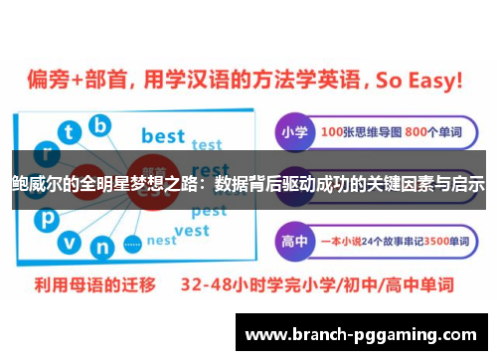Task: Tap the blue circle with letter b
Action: coord(99,125)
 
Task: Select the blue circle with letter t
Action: coord(70,132)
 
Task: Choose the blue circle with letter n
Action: coord(100,246)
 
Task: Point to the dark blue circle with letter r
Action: coord(46,154)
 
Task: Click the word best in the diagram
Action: coord(162,135)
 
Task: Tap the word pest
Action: coord(208,211)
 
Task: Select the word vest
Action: coord(192,231)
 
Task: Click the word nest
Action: coord(161,240)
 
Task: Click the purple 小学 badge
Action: coord(294,132)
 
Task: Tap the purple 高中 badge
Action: coord(294,240)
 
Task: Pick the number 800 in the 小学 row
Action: coord(407,132)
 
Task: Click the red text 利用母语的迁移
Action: coord(86,284)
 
